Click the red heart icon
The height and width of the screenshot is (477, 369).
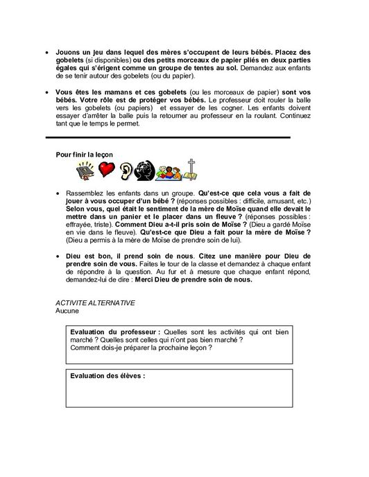pos(105,169)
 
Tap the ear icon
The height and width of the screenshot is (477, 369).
pos(127,169)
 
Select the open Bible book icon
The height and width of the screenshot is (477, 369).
pos(84,169)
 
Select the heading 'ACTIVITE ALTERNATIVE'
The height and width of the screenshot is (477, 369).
pos(94,304)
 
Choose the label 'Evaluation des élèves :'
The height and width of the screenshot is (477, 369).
pos(108,377)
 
